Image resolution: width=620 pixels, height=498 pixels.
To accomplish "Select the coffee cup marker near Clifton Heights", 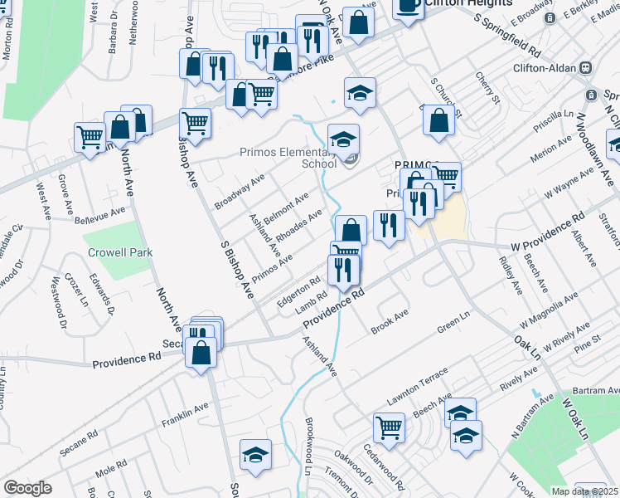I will coord(407,5).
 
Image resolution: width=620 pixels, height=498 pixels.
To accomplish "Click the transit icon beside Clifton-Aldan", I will coord(585,67).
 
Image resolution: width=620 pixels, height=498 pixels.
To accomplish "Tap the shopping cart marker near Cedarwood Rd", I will coord(389,427).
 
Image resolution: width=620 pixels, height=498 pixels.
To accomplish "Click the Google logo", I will coord(27,488).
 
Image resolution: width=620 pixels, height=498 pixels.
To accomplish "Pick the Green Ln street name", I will coord(453,321).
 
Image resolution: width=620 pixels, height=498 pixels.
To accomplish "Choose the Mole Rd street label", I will coord(109,474).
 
